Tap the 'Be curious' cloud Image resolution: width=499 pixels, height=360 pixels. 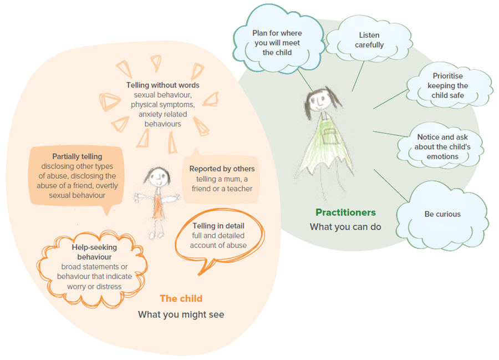(x=442, y=214)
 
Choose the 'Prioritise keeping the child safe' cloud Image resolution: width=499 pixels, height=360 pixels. (x=450, y=86)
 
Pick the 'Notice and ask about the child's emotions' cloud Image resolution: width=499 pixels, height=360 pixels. (x=441, y=146)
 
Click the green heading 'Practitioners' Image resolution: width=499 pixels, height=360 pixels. (x=345, y=212)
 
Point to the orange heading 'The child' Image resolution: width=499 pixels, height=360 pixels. (x=181, y=298)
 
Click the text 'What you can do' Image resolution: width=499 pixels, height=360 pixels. (x=345, y=227)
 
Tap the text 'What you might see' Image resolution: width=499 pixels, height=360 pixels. (x=181, y=315)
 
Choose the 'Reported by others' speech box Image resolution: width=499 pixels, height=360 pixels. (x=222, y=179)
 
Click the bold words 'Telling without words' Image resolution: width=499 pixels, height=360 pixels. (x=162, y=85)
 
